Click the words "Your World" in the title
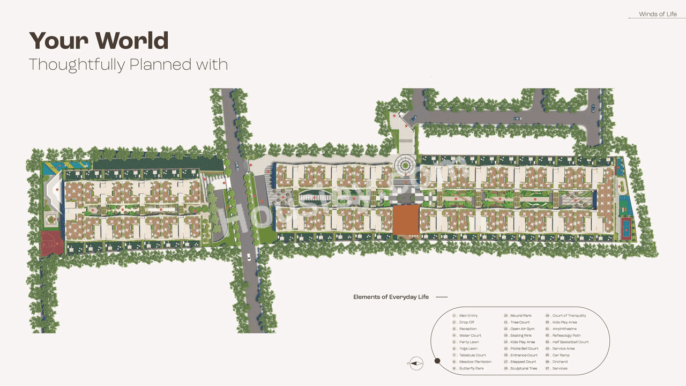click(99, 41)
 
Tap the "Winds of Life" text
click(658, 14)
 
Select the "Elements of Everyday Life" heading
click(391, 297)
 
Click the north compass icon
click(416, 363)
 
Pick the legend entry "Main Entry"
click(468, 316)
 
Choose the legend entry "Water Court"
click(470, 336)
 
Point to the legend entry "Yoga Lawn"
click(468, 348)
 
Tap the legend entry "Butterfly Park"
click(471, 368)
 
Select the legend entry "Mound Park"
click(520, 316)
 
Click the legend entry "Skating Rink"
click(521, 336)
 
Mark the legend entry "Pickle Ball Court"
click(524, 348)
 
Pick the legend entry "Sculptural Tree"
click(523, 368)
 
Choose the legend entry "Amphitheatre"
click(564, 329)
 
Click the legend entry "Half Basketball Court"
click(570, 342)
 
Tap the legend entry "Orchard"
click(560, 362)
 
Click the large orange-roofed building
click(406, 219)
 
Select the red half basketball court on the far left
click(52, 243)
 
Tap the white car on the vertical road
click(249, 257)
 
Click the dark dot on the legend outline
click(437, 361)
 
